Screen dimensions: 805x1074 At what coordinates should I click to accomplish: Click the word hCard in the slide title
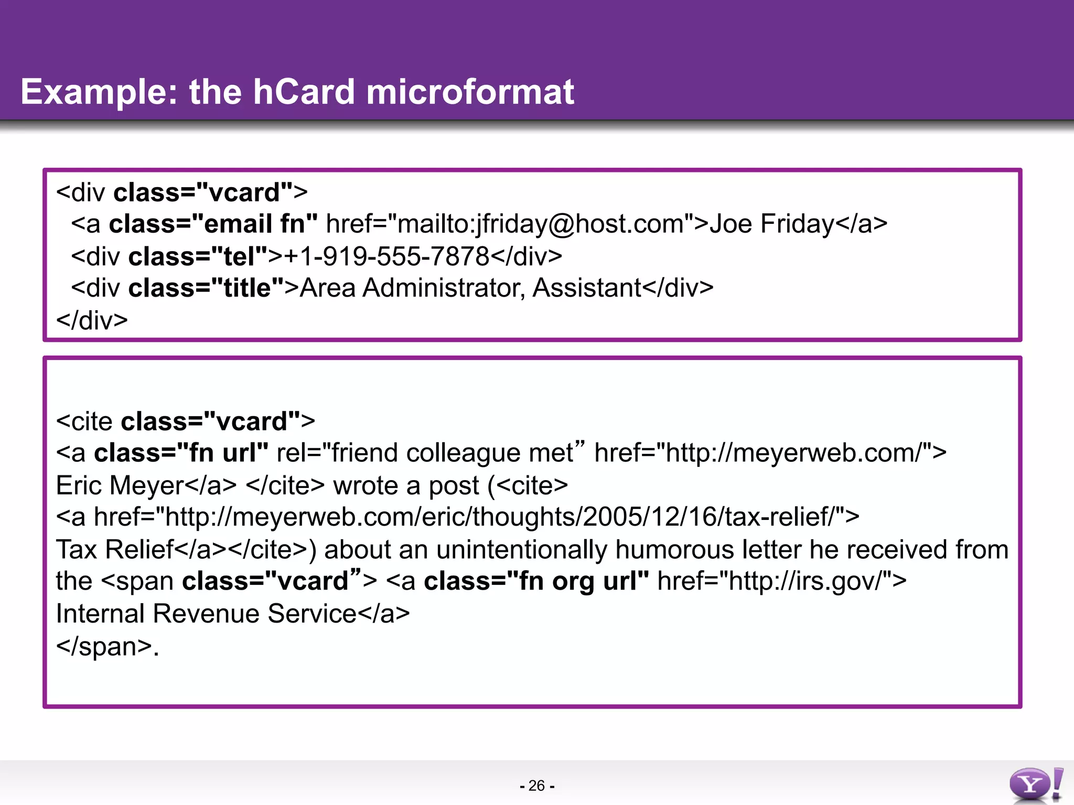(304, 92)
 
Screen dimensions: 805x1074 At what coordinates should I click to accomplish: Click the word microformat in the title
(470, 92)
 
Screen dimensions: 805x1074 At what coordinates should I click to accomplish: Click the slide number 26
(536, 786)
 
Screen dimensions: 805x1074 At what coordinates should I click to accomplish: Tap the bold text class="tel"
(198, 256)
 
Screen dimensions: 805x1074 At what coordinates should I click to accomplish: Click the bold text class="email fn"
(213, 224)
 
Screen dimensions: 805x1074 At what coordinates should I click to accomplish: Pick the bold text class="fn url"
(181, 453)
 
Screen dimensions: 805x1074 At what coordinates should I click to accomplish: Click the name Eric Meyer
(120, 485)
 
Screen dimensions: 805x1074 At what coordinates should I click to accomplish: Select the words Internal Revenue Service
(207, 614)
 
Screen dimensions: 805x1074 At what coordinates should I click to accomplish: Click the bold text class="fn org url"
(536, 581)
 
